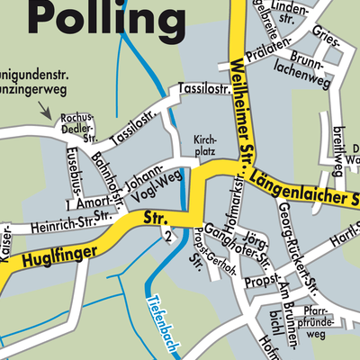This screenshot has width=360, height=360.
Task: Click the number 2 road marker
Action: coord(168,237)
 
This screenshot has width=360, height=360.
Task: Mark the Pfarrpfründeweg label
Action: coord(320,316)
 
